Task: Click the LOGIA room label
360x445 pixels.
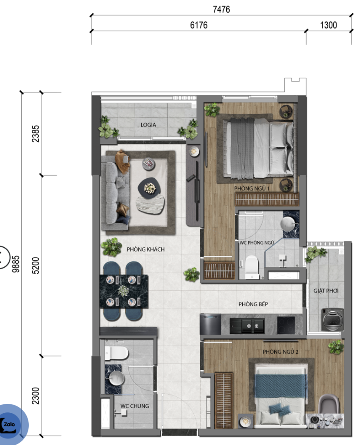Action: coord(148,125)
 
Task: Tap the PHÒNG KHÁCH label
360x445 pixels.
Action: coord(146,249)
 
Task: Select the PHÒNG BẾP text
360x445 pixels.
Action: coord(253,304)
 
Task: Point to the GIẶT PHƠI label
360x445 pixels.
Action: coord(326,291)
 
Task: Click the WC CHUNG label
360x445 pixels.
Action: coord(135,406)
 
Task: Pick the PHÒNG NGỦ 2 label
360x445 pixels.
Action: coord(280,352)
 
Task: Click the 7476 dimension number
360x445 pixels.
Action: coord(221,10)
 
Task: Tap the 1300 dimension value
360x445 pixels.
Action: coord(329,25)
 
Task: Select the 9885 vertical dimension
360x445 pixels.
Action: coord(16,264)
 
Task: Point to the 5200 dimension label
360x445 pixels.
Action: coord(36,266)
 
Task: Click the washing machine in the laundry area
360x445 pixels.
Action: coord(333,319)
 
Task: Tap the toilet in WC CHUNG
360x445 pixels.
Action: coord(117,353)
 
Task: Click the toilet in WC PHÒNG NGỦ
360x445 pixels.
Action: coord(252,267)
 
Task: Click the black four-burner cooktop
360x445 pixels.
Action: coord(286,325)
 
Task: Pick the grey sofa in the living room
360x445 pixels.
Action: coord(115,193)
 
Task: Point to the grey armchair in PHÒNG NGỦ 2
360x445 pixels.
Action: coord(329,404)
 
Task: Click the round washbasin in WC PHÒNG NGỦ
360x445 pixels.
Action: coord(288,224)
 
